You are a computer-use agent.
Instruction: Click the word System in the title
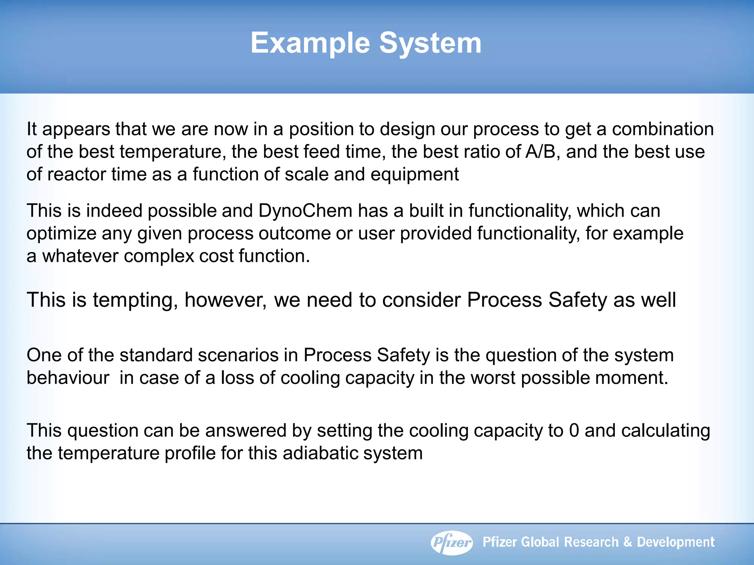[430, 43]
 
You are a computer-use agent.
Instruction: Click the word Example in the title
[310, 43]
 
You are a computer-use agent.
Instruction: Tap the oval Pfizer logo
[452, 542]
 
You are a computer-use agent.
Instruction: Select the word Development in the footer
[676, 542]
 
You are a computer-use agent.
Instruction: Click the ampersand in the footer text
[627, 542]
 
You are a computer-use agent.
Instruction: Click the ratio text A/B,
[543, 152]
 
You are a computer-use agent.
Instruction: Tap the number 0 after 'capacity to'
[574, 430]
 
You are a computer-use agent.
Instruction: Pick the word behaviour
[68, 378]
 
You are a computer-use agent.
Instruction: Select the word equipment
[415, 174]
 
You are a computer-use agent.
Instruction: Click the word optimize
[61, 234]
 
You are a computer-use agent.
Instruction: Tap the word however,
[226, 300]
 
